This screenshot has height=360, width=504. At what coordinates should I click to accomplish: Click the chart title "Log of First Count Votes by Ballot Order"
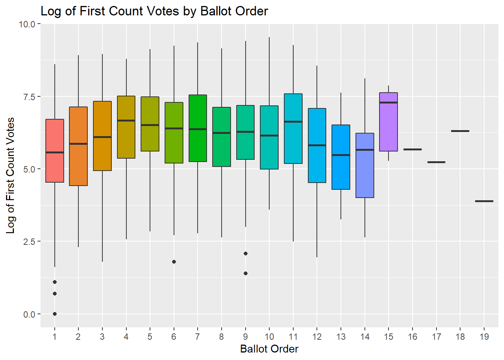(154, 11)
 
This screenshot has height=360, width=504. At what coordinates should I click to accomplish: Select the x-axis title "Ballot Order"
(269, 349)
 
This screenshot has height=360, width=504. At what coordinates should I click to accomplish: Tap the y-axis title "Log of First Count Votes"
(10, 175)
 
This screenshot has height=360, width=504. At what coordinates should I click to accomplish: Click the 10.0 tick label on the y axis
(27, 24)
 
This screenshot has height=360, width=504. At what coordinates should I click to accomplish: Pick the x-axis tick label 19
(484, 337)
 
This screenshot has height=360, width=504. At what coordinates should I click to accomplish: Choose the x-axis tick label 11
(293, 337)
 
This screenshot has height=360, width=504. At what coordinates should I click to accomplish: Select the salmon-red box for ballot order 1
(55, 169)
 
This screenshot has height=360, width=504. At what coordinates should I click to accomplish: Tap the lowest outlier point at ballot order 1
(55, 314)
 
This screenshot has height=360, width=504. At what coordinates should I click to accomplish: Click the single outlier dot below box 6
(174, 262)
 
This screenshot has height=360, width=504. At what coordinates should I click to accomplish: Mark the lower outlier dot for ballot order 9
(246, 273)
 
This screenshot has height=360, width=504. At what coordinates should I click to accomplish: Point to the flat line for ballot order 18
(460, 131)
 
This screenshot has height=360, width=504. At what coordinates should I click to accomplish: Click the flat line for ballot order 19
(484, 201)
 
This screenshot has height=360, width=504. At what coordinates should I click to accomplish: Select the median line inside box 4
(126, 121)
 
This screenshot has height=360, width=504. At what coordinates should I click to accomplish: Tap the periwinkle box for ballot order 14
(365, 176)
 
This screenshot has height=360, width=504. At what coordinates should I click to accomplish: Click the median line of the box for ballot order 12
(317, 145)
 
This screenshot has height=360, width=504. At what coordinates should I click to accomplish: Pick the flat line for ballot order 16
(412, 149)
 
